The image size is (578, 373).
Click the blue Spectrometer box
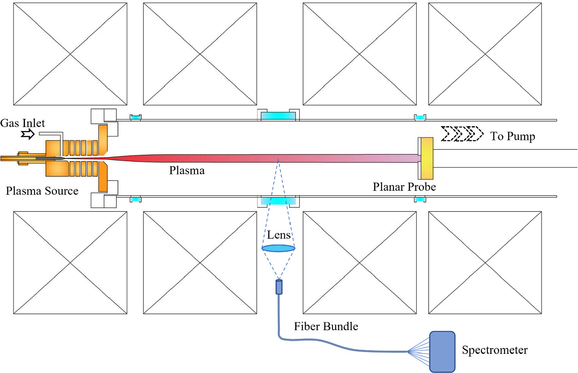442,351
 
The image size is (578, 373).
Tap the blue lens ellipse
278,248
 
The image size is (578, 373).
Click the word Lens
279,235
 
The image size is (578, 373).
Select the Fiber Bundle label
326,326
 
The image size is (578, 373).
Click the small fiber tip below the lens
279,287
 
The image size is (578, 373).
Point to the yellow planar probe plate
427,158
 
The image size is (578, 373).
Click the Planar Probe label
404,187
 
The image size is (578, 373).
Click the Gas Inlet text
23,123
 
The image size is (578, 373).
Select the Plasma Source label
42,191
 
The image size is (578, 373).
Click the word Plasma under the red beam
187,171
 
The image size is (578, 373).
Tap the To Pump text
512,136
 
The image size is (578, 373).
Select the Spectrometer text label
495,350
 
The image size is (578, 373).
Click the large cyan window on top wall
278,116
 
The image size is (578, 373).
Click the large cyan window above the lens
278,201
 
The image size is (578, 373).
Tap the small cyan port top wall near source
136,118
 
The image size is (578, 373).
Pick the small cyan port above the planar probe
419,118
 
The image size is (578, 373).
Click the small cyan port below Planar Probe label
419,199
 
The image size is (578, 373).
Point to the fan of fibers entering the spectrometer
418,351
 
